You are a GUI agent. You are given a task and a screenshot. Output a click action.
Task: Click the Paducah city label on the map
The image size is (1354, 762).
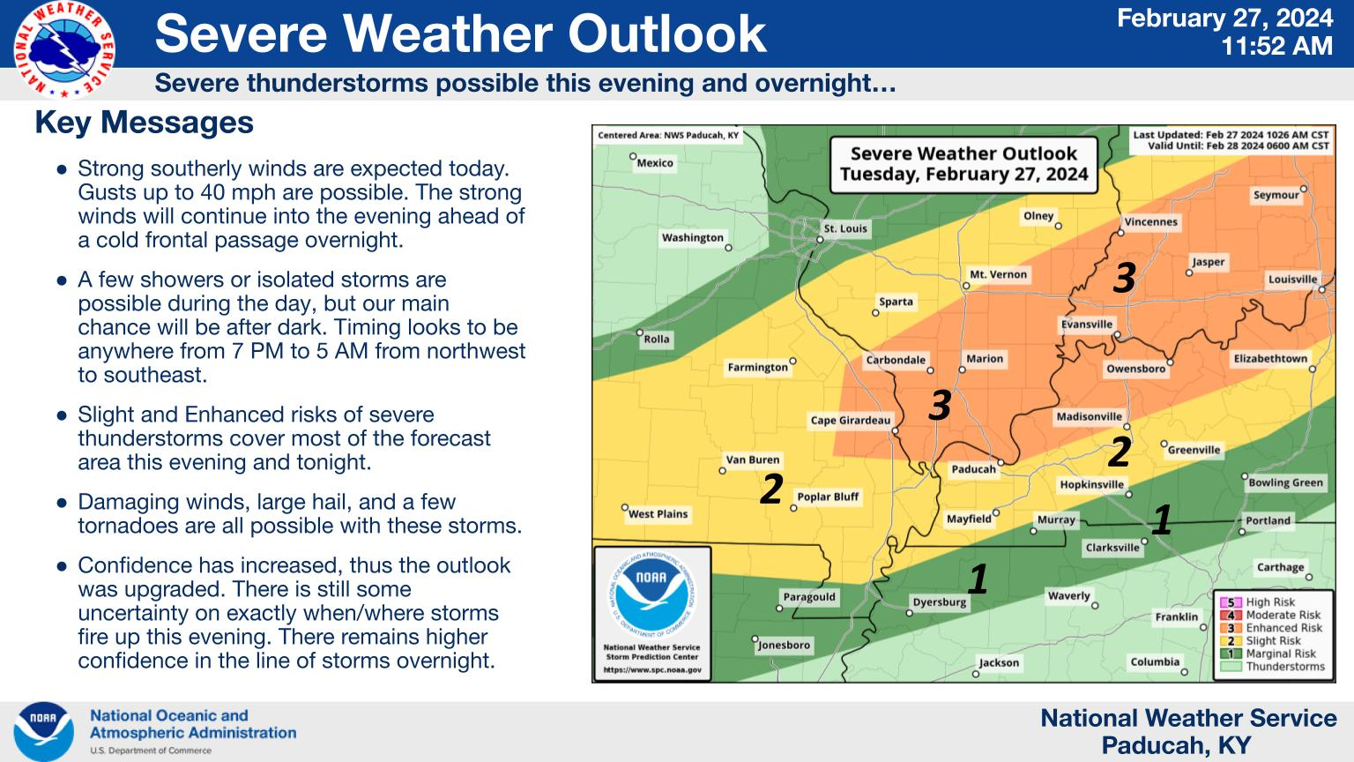click(x=973, y=469)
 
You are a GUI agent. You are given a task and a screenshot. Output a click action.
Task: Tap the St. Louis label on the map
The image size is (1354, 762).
click(x=845, y=228)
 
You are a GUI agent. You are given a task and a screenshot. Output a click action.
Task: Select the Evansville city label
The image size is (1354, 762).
click(x=1087, y=325)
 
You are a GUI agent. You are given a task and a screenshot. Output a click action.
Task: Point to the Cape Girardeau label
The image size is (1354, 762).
click(x=851, y=421)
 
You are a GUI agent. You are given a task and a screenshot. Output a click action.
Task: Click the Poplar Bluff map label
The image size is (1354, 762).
click(x=828, y=497)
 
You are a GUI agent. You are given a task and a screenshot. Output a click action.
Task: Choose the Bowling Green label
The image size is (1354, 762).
click(x=1286, y=482)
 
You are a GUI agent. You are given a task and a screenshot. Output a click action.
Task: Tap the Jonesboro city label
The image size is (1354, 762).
click(x=784, y=646)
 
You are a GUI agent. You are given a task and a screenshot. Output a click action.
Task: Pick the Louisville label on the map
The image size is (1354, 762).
click(x=1293, y=280)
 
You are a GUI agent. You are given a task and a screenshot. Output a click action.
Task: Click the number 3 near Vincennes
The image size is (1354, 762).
click(x=1124, y=279)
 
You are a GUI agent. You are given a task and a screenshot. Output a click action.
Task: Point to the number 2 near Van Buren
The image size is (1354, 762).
click(x=772, y=489)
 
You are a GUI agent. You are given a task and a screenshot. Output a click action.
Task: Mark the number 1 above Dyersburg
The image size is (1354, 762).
click(x=978, y=579)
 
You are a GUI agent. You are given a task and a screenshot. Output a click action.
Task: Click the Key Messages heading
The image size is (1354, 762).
click(x=145, y=123)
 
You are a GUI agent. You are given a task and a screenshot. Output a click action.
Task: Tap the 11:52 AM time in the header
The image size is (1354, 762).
click(x=1276, y=46)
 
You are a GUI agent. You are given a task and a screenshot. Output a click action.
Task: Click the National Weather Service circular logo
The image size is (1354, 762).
click(x=64, y=49)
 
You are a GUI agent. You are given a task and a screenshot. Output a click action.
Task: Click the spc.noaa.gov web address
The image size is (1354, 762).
click(x=652, y=670)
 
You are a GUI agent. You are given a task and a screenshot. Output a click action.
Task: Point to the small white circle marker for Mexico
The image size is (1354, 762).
click(x=633, y=156)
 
